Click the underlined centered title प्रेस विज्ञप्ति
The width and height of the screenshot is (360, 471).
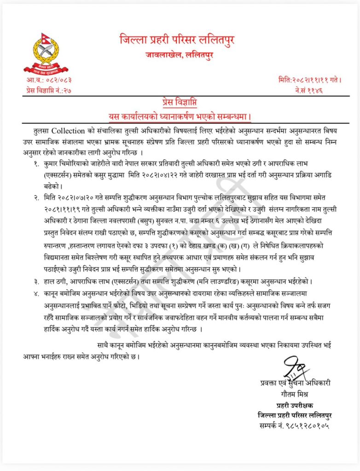click(180, 102)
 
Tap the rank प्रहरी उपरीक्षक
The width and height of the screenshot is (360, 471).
click(295, 406)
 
